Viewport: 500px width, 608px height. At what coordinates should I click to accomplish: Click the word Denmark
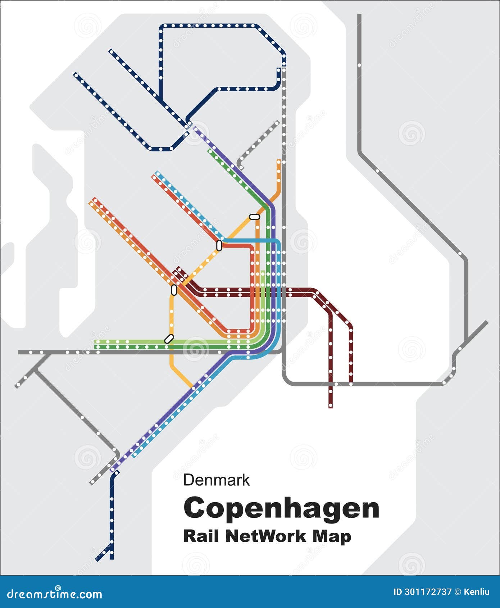coord(216,480)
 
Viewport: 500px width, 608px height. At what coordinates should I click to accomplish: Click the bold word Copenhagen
coord(281,508)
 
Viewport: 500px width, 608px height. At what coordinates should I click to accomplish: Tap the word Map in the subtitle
coord(331,536)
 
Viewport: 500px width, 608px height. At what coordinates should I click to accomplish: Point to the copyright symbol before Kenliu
coord(458,592)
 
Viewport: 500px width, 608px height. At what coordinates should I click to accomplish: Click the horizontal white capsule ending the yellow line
coord(254,217)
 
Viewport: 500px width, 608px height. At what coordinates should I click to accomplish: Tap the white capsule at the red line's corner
coord(219,245)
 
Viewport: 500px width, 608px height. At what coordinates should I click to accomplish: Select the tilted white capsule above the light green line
coord(169,339)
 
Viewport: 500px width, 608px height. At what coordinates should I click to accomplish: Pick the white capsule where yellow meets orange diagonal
coord(174,290)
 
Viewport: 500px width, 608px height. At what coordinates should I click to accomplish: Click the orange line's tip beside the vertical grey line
coord(279,161)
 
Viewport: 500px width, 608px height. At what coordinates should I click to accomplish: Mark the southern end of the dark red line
coord(331,407)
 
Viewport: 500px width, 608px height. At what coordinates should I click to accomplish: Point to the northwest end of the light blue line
coord(157,173)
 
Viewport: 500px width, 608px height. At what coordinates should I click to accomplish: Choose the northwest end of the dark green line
coord(210,151)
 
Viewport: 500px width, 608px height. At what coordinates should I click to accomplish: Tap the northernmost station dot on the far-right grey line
coord(359,65)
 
